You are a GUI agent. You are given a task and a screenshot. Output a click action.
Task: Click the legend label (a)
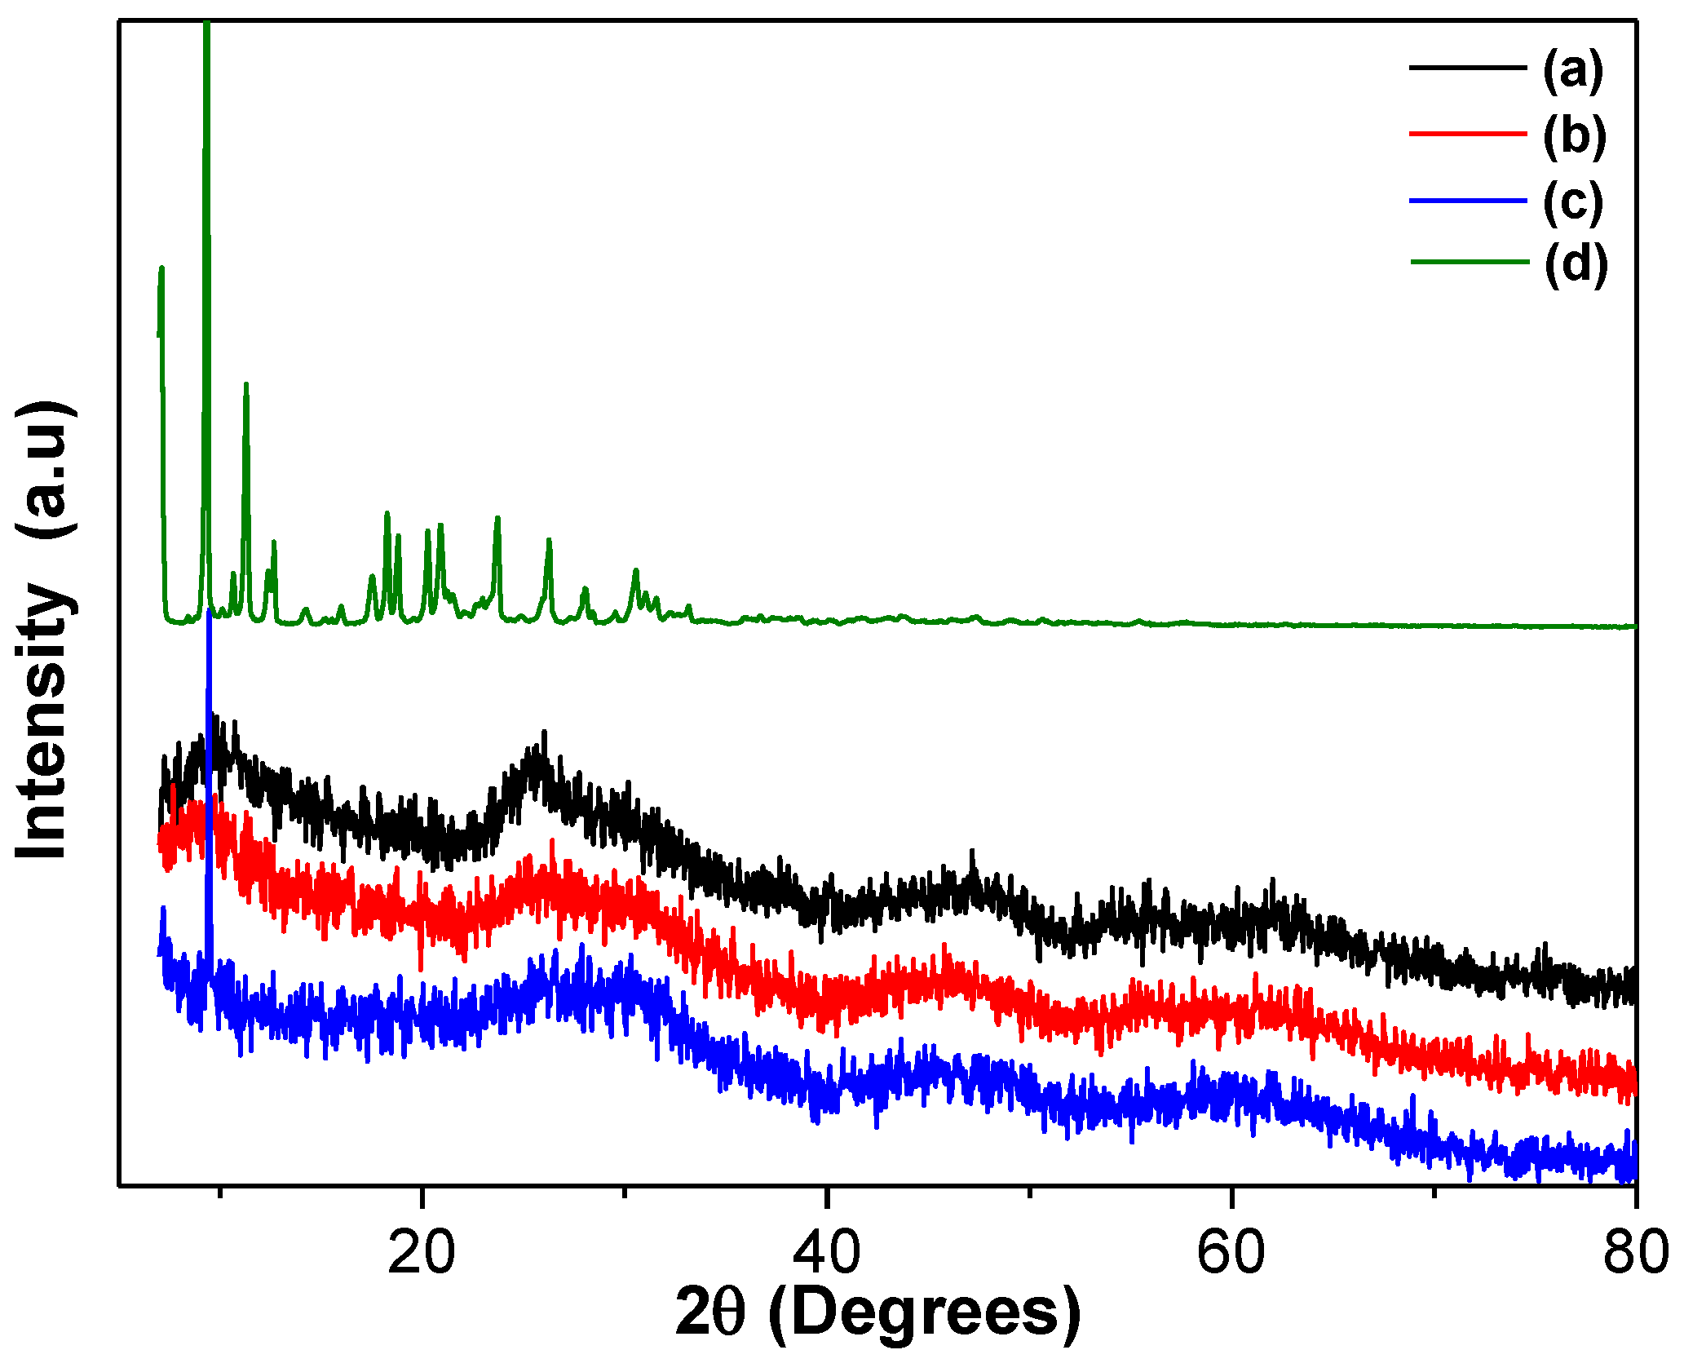pos(1572,69)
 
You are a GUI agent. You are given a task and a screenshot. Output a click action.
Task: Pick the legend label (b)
pos(1574,135)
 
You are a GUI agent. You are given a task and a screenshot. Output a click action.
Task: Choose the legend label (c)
pos(1572,201)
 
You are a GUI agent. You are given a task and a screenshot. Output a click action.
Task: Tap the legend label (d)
pos(1576,263)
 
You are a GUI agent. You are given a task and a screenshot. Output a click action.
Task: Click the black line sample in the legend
pos(1467,68)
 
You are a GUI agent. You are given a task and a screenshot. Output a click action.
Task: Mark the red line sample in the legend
pos(1467,133)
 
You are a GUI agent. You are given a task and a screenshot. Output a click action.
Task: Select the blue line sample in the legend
pos(1467,200)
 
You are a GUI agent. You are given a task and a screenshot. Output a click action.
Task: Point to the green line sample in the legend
pos(1469,262)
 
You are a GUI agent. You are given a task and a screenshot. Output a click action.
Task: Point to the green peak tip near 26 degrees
pos(549,540)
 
